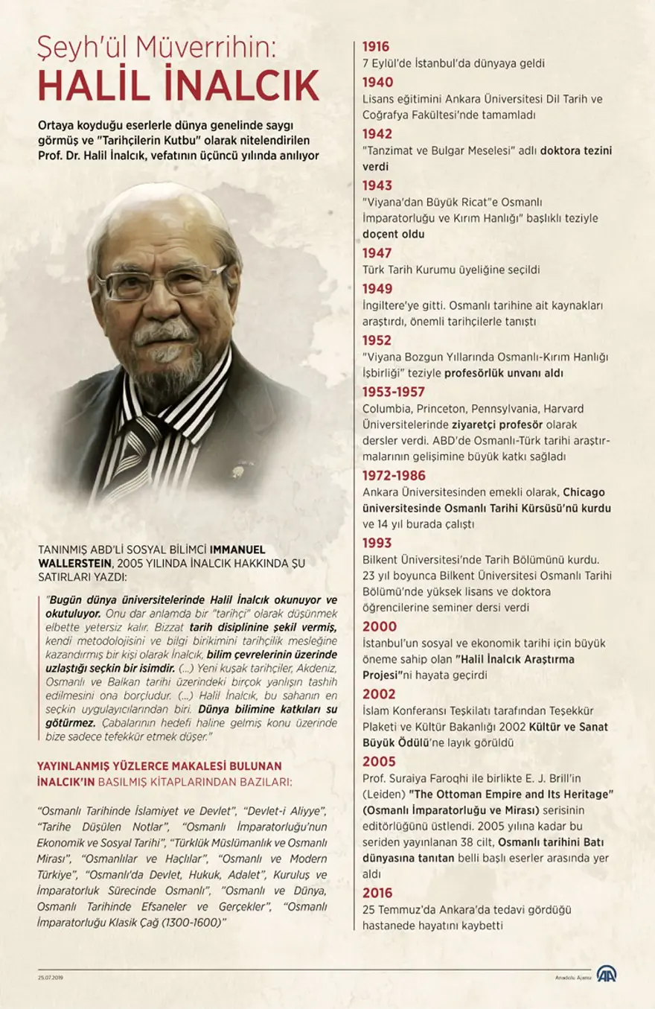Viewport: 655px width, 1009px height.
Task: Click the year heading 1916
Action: pos(376,46)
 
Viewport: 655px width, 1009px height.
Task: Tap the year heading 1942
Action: pos(377,133)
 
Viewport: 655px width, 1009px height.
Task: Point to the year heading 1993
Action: pos(377,543)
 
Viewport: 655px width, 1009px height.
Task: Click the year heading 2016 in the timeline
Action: pos(377,893)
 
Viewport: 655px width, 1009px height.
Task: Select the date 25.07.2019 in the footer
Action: pos(51,978)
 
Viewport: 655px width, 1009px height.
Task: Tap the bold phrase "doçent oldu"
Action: pos(393,234)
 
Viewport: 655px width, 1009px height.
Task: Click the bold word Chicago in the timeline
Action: pos(584,492)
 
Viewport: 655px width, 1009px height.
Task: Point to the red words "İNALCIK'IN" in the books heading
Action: pos(72,781)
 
